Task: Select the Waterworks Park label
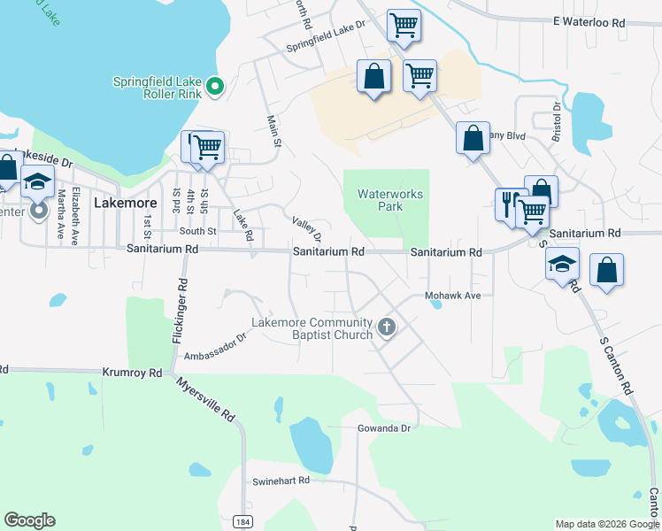tap(390, 200)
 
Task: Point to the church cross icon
tap(386, 327)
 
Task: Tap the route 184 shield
tap(242, 522)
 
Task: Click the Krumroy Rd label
tap(133, 373)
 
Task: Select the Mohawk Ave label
tap(452, 296)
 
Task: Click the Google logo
tap(29, 520)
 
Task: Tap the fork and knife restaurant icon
tap(507, 204)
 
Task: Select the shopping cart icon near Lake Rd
tap(209, 146)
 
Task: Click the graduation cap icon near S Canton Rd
tap(561, 264)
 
